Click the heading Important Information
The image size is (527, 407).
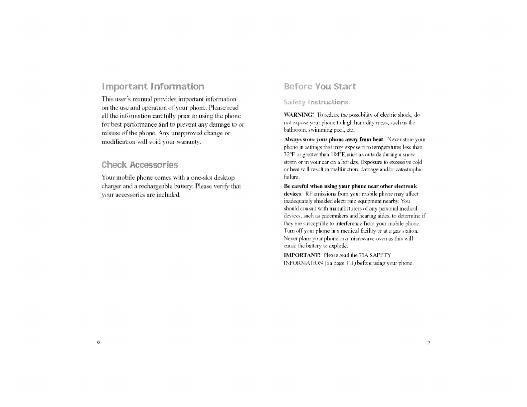153,87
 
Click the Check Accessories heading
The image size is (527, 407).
140,165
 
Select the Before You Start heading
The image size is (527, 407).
320,87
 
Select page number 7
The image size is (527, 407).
429,343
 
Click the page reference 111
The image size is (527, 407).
351,263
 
